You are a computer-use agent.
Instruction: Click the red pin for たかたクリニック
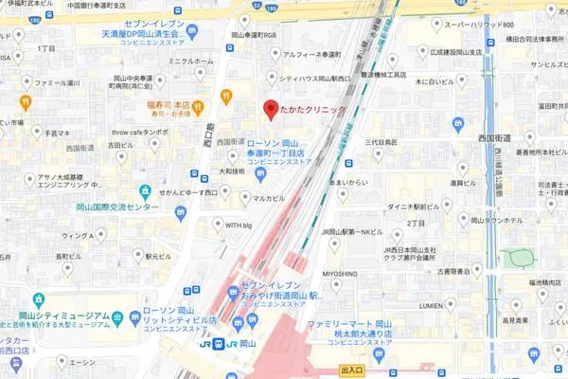270,108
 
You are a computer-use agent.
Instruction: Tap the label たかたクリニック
315,110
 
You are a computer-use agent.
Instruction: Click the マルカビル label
268,198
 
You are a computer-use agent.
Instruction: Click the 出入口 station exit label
352,370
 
